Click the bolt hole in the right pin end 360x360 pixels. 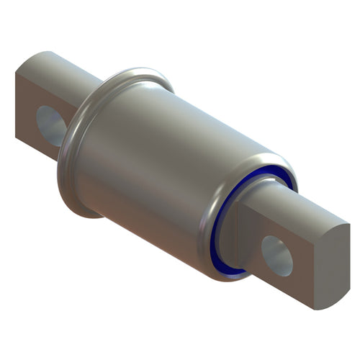click(277, 255)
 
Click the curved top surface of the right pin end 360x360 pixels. click(302, 209)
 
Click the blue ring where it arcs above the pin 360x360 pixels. click(266, 173)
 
